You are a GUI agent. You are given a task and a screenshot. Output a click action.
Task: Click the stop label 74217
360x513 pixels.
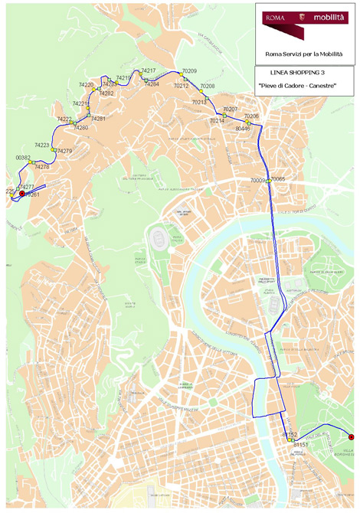pos(149,70)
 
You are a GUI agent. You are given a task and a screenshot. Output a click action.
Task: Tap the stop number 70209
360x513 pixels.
pos(189,70)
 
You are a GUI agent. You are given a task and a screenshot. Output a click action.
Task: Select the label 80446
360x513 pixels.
pos(243,129)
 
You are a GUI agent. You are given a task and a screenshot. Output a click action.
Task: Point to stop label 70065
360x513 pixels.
pos(277,178)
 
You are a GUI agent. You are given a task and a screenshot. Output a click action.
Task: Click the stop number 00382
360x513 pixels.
pos(23,157)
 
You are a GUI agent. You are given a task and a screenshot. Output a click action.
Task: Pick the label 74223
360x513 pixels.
pos(41,145)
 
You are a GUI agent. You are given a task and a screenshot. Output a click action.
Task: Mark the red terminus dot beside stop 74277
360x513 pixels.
pos(22,194)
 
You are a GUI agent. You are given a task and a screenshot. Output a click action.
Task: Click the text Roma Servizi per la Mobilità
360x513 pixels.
pos(304,54)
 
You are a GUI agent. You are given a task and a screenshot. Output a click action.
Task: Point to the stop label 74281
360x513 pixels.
pos(98,119)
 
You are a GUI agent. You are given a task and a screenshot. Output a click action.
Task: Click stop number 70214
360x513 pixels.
pos(217,121)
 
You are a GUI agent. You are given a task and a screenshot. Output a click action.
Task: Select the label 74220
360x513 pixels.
pos(86,85)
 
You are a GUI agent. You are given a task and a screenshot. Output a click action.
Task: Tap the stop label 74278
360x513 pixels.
pos(41,167)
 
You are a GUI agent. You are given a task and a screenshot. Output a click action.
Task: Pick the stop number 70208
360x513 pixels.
pos(208,87)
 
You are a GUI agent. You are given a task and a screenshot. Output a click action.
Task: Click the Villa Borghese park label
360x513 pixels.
pos(349,453)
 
